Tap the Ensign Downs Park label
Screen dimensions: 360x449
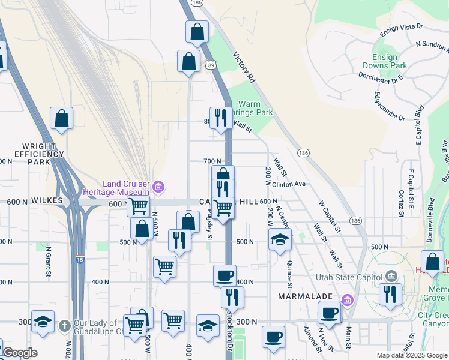[385, 61]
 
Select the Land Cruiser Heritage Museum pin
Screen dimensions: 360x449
[158, 187]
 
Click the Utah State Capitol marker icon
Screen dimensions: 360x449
[391, 276]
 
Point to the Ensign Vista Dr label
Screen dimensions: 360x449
[403, 27]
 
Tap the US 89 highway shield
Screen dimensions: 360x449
[212, 65]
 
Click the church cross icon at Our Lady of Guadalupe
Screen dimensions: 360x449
[64, 325]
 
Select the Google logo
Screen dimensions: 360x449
[20, 353]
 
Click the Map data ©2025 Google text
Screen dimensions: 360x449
[411, 355]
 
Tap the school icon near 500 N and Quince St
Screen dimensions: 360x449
[280, 239]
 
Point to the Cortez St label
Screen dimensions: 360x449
[400, 203]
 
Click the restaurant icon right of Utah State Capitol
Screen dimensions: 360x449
[391, 294]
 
